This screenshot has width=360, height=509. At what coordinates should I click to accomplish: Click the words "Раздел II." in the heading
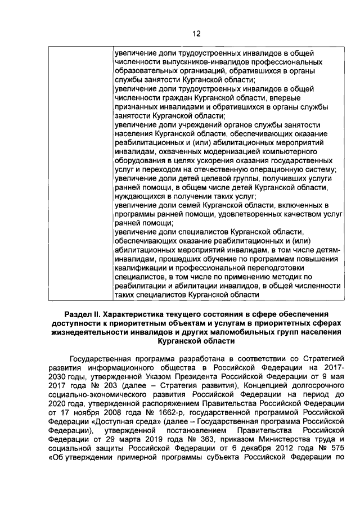click(85, 313)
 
